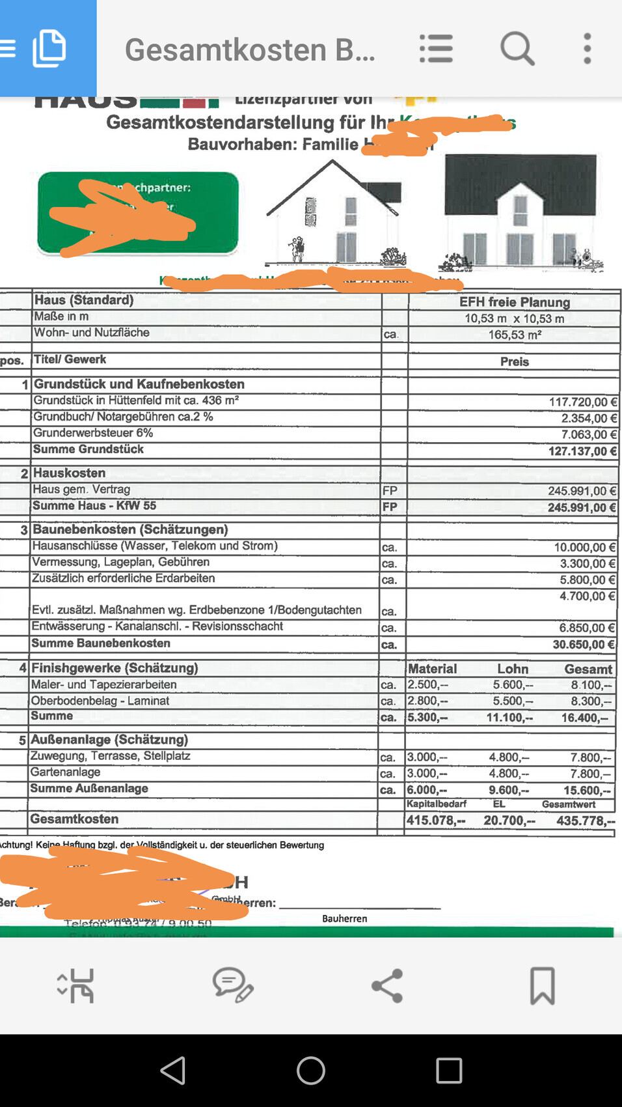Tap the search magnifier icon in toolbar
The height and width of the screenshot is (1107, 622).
click(517, 49)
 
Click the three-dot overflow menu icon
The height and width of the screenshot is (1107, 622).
click(587, 49)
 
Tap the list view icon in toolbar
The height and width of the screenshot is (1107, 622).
click(436, 49)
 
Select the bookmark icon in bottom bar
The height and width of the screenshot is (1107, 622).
click(542, 985)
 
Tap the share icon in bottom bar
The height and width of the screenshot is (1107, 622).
click(387, 985)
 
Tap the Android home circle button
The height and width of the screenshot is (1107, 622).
click(311, 1070)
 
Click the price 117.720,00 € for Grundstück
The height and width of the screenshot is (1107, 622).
click(582, 402)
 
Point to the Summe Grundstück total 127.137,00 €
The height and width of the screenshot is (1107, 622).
click(582, 451)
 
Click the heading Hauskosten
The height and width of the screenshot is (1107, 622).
click(69, 473)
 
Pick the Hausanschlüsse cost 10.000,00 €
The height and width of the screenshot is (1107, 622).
click(584, 548)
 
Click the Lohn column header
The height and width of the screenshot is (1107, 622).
click(513, 669)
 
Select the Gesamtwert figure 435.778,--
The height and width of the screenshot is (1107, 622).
click(585, 820)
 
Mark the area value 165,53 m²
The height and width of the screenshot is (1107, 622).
click(515, 335)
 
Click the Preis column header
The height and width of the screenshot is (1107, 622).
click(515, 361)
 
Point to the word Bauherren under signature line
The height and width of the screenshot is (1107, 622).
click(344, 918)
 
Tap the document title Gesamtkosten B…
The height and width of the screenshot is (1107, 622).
click(250, 49)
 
